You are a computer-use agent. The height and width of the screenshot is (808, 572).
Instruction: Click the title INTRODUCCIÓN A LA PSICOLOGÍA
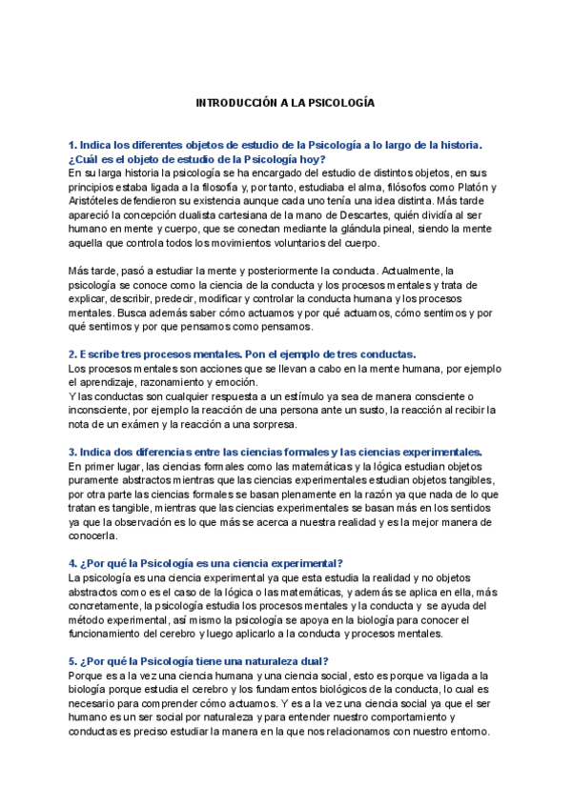point(286,101)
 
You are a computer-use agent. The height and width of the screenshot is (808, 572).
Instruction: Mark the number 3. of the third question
point(73,452)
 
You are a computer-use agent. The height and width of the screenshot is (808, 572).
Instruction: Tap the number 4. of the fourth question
point(73,563)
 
